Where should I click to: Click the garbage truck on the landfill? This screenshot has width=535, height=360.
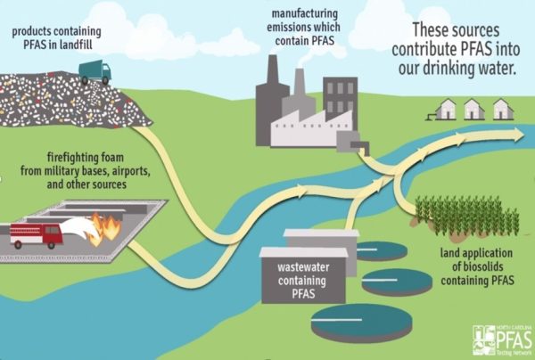94,70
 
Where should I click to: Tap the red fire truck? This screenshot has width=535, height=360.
36,234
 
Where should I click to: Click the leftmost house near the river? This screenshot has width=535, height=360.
443,110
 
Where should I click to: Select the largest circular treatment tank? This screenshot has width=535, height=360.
362,321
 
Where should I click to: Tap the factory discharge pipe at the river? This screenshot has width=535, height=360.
364,149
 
